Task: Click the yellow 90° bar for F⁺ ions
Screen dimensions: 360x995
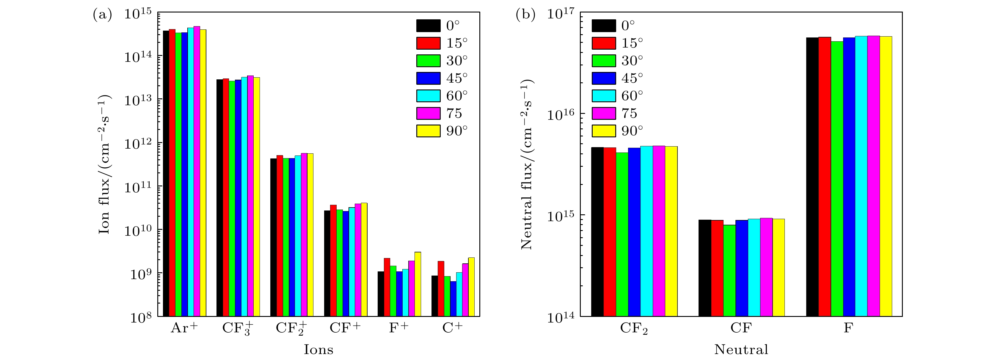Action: [418, 284]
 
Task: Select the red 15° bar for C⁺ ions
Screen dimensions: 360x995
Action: [441, 289]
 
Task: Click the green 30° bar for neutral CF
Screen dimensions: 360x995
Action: [729, 271]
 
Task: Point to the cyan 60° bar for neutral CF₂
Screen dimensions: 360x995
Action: [646, 231]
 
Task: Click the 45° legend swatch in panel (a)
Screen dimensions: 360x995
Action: [428, 78]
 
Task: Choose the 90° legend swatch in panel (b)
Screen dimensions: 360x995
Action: [603, 131]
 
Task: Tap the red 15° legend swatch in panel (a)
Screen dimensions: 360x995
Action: [428, 43]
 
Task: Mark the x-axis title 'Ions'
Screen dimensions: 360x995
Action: [318, 350]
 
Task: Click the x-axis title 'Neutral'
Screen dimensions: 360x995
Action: [741, 350]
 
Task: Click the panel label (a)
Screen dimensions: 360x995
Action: [102, 15]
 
